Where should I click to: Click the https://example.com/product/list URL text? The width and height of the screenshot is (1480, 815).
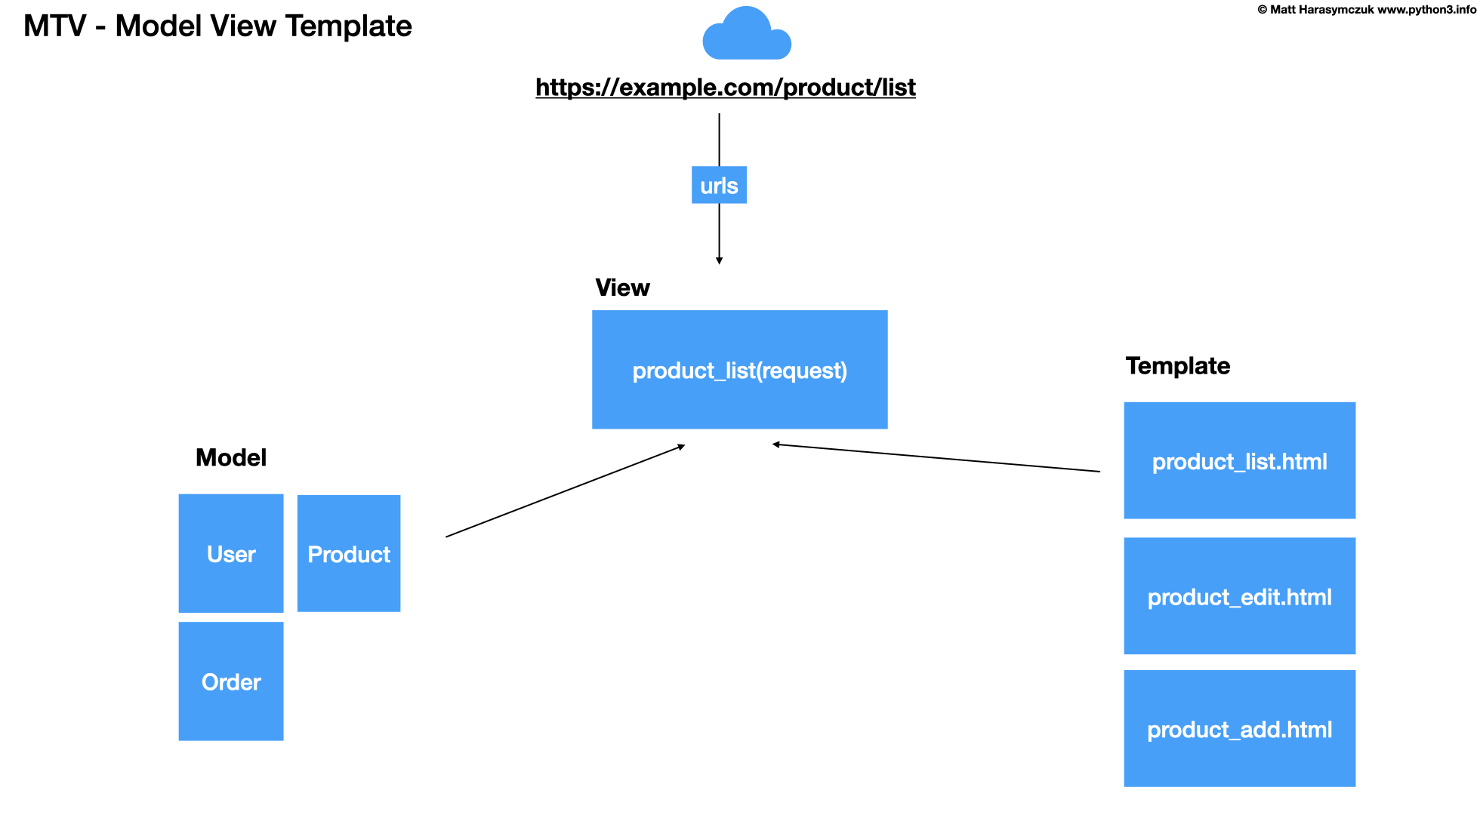725,88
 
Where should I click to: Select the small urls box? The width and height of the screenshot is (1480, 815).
719,185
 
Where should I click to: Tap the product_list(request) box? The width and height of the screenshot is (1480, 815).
739,370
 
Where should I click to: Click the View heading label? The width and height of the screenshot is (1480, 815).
622,288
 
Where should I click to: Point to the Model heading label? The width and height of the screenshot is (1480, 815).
231,457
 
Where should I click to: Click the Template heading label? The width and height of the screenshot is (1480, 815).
1177,366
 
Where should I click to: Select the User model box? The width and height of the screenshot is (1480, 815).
231,553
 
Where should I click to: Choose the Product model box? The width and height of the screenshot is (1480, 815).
349,553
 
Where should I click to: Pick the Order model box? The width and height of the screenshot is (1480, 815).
231,681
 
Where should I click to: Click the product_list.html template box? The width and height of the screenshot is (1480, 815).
1239,460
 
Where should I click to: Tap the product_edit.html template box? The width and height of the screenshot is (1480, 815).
1239,596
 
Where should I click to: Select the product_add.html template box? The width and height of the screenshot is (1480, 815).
1239,728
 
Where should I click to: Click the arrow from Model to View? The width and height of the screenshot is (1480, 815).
565,491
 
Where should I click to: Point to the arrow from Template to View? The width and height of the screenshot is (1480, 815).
936,458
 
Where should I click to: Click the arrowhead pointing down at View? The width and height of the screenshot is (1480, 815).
719,260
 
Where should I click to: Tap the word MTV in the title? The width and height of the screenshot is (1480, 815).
54,26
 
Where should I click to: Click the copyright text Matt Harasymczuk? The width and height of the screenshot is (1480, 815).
1321,10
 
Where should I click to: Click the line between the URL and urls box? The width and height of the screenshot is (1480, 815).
719,140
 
